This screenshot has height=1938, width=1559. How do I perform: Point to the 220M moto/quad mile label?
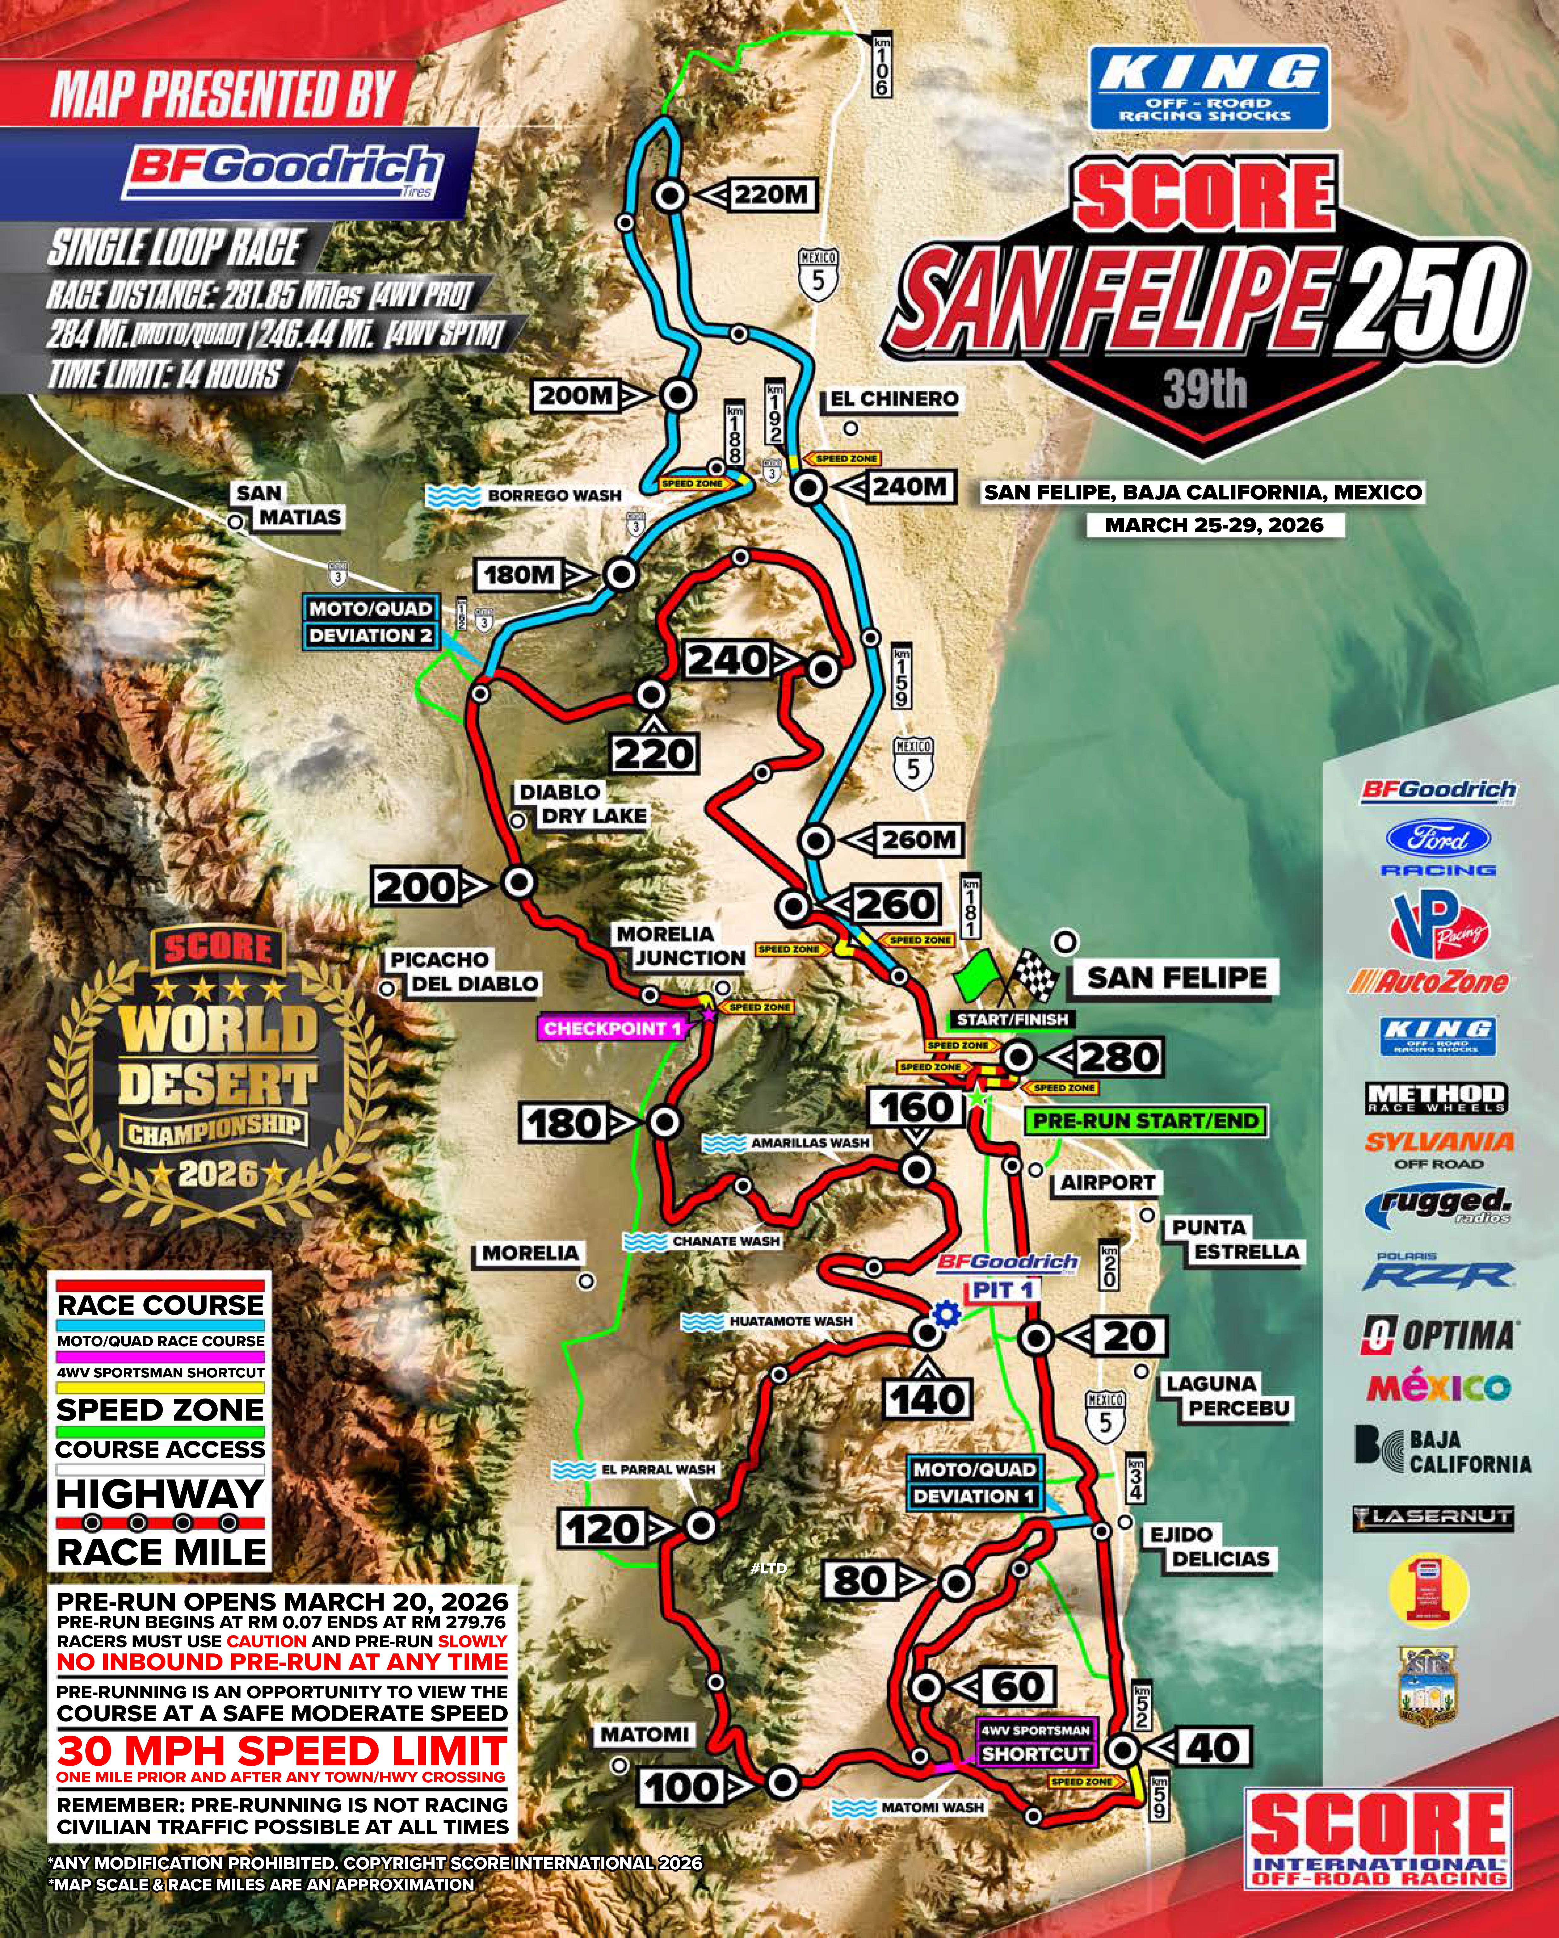pos(771,194)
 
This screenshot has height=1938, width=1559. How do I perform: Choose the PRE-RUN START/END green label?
pos(1145,1121)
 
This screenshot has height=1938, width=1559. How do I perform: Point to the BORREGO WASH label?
pos(553,495)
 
